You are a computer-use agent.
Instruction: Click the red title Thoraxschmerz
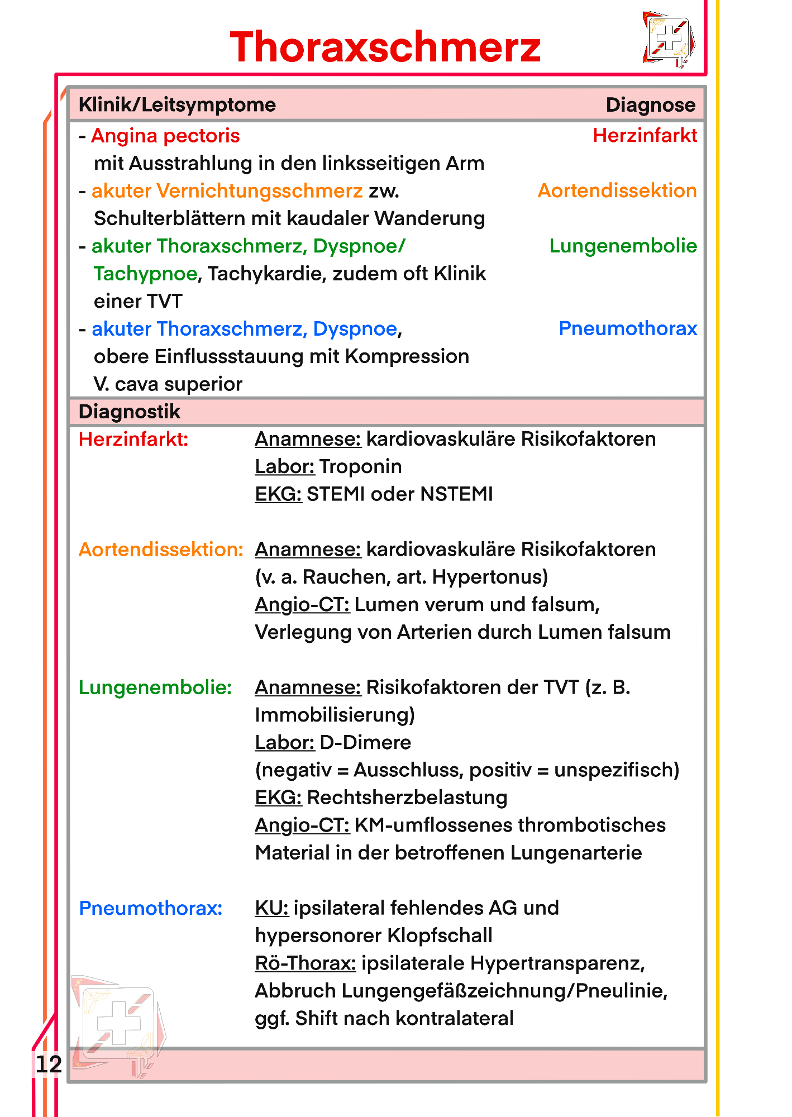click(x=385, y=47)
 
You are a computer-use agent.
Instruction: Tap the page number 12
click(x=49, y=1064)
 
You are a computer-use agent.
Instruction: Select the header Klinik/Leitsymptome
click(x=177, y=105)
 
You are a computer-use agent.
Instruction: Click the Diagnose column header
click(x=650, y=105)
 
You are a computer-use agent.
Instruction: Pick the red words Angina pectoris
click(x=165, y=136)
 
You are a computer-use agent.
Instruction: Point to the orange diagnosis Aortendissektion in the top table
click(x=617, y=190)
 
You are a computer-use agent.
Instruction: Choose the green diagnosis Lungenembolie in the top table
click(x=623, y=246)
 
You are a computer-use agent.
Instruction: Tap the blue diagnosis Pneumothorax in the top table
click(x=628, y=328)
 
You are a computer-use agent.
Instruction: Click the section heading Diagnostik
click(x=130, y=412)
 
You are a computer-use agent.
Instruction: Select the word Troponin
click(x=361, y=466)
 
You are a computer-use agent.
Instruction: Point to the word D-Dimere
click(x=365, y=742)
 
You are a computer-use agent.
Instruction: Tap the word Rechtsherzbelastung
click(x=407, y=798)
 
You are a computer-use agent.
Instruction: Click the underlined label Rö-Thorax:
click(x=306, y=963)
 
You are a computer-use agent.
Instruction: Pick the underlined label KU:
click(x=271, y=908)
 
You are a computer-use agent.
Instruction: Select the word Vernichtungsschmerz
click(x=260, y=191)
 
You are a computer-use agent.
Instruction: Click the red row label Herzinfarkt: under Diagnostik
click(x=133, y=440)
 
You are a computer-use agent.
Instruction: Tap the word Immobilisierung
click(x=334, y=715)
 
